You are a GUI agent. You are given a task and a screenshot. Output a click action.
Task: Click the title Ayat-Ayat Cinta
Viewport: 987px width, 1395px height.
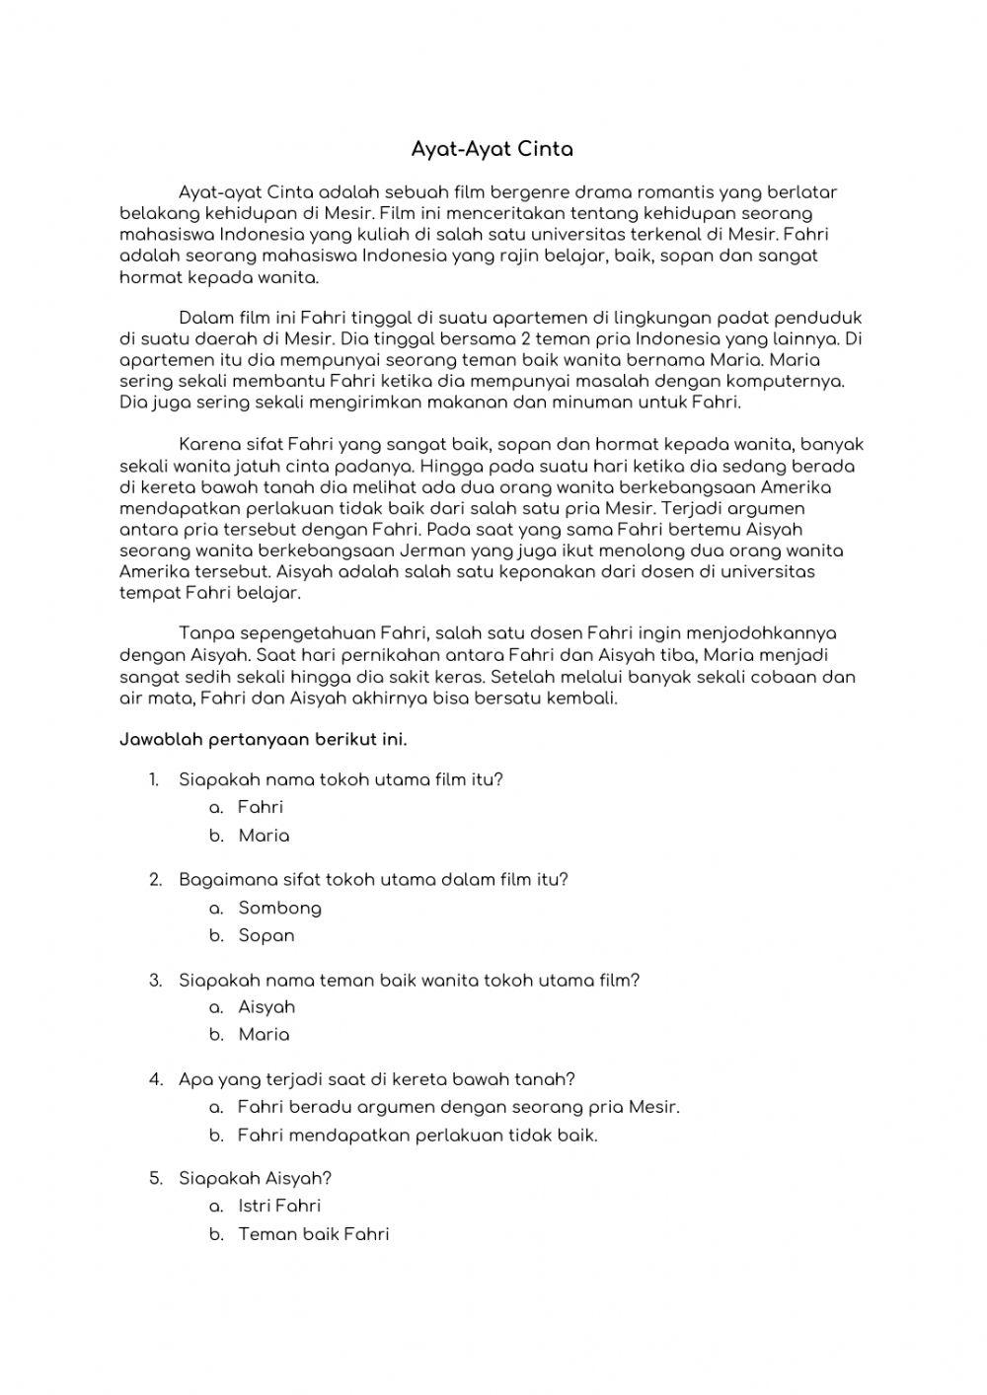tap(492, 150)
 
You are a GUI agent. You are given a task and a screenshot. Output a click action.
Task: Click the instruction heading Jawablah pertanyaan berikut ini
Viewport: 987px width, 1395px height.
tap(263, 739)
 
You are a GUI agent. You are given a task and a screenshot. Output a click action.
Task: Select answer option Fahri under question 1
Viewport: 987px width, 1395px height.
tap(260, 807)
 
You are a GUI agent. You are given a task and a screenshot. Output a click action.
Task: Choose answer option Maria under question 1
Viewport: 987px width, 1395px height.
tap(264, 836)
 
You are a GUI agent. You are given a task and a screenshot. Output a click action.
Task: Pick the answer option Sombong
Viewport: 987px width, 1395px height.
tap(279, 908)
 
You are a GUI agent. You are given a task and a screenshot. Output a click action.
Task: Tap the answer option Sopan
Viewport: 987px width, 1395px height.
tap(266, 935)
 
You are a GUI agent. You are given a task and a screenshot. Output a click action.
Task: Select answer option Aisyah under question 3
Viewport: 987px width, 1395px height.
tap(266, 1007)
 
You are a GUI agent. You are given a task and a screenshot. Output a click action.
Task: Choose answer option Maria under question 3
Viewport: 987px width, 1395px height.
tap(264, 1035)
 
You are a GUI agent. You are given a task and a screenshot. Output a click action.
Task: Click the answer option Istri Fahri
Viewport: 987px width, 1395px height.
tap(279, 1206)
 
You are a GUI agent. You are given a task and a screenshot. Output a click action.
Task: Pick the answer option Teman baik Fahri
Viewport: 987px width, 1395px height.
tap(313, 1234)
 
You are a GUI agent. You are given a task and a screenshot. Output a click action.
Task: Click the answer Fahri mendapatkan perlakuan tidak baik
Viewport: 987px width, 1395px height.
tap(418, 1136)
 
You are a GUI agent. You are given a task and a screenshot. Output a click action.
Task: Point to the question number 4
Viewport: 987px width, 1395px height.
tap(155, 1079)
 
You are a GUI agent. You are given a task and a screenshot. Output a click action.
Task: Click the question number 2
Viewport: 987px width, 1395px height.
tap(155, 879)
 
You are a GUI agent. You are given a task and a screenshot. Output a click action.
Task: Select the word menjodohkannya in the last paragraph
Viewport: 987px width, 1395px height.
tap(767, 633)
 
